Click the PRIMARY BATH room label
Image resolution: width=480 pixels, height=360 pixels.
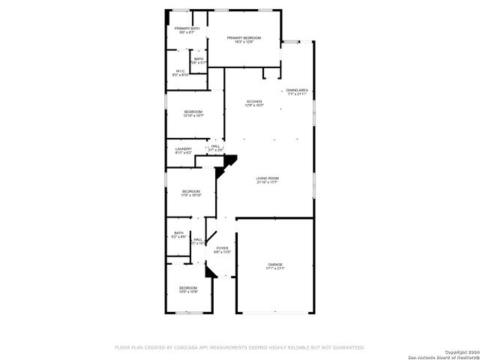click(x=187, y=28)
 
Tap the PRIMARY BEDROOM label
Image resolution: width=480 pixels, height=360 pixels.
click(x=244, y=37)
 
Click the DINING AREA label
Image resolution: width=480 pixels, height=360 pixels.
click(x=297, y=91)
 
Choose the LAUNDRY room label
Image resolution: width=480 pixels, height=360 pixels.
click(x=184, y=148)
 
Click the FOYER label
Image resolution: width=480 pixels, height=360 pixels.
click(x=222, y=247)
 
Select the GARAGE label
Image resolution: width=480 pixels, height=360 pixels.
click(x=275, y=264)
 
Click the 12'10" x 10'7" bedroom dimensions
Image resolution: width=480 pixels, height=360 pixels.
click(x=193, y=115)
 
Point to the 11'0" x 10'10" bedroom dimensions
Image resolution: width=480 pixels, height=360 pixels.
click(x=191, y=195)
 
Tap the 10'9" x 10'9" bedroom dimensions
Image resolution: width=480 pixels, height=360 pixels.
click(x=187, y=292)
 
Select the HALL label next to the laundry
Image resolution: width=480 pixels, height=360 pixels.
click(x=215, y=146)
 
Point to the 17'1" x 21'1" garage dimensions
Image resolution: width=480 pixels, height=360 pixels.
click(x=275, y=268)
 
